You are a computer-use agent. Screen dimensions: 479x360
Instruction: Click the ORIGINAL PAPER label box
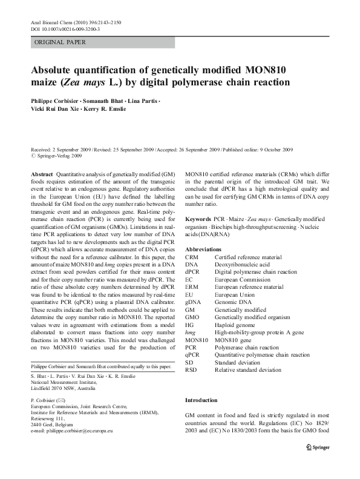click(102, 42)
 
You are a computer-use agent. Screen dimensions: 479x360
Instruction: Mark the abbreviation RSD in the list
click(192, 370)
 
